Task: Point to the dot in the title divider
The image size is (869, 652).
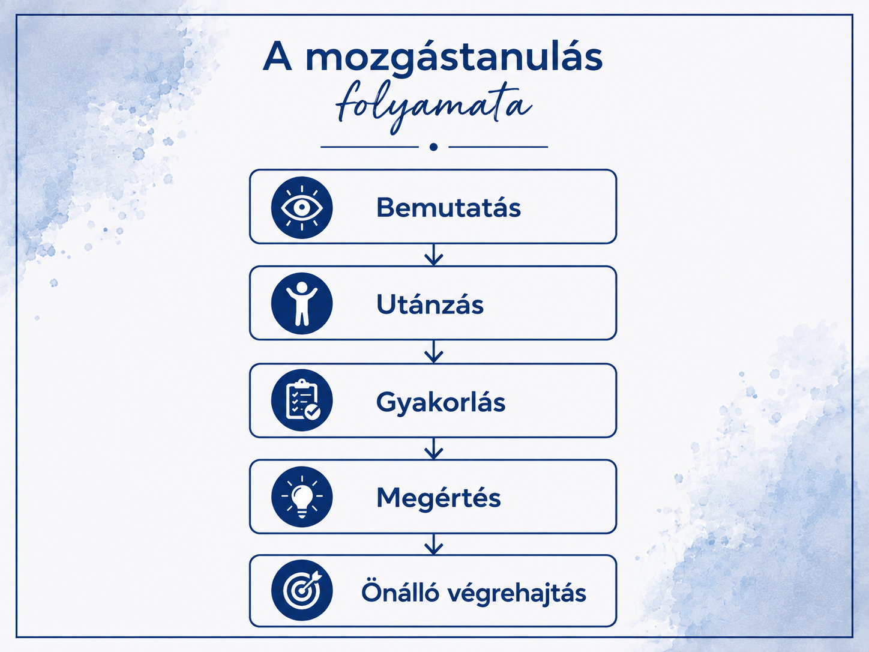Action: point(433,147)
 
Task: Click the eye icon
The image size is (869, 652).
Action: point(302,208)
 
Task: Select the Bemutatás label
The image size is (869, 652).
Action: point(448,208)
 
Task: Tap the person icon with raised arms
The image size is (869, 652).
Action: point(302,304)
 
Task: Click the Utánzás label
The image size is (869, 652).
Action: point(430,304)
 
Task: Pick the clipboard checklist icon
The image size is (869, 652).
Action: point(302,400)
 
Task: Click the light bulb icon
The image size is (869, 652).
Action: point(302,497)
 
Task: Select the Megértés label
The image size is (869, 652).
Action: point(439,498)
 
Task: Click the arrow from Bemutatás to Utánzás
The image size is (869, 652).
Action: point(433,255)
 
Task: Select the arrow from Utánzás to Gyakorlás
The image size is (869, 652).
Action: point(433,352)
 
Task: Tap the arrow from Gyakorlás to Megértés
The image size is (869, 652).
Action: point(433,448)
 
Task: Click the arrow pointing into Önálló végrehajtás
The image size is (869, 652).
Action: point(433,545)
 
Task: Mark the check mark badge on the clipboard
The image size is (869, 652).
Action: point(313,412)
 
